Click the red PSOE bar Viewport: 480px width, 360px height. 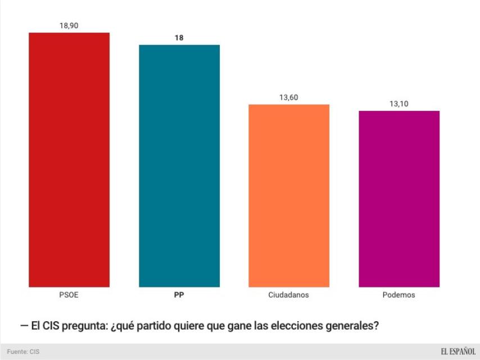click(x=69, y=160)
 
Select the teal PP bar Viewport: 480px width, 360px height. click(x=179, y=166)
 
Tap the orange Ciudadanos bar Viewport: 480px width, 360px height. click(x=289, y=196)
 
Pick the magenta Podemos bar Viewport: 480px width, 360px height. click(x=399, y=199)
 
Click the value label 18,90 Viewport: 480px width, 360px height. click(x=69, y=26)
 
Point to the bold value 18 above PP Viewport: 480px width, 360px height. click(x=179, y=38)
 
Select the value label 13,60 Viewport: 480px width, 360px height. click(x=289, y=97)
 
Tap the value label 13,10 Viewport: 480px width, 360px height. click(x=399, y=104)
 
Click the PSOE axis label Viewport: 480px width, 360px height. click(x=69, y=295)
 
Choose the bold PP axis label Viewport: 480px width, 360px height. click(x=179, y=295)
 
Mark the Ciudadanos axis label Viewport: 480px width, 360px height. click(x=289, y=295)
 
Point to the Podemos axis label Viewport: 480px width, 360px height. click(x=399, y=295)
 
